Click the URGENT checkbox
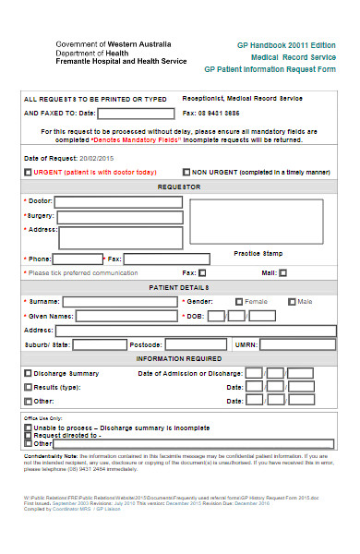pos(28,172)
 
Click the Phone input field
pos(78,259)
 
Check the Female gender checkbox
pos(239,301)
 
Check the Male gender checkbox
pos(292,301)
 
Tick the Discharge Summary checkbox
pos(28,373)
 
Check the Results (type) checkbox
pos(28,387)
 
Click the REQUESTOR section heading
pos(180,187)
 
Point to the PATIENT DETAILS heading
pos(180,287)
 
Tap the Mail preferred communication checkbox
pos(283,273)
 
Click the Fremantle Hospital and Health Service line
pos(120,61)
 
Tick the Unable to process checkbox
pos(28,428)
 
